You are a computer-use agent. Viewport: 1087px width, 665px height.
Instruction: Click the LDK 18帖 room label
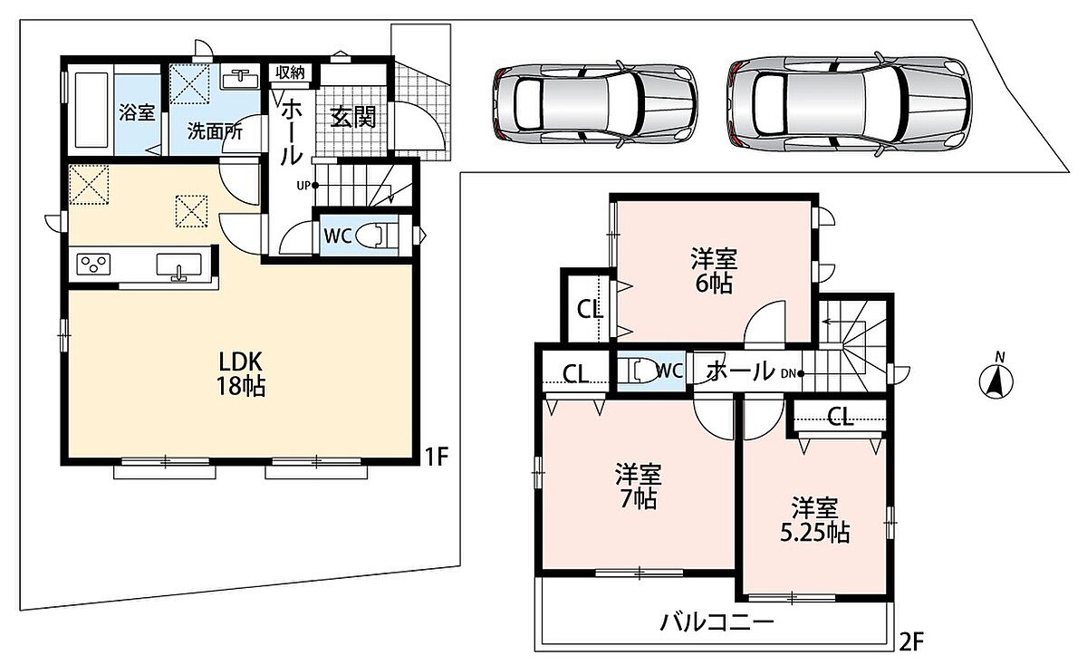[x=241, y=374]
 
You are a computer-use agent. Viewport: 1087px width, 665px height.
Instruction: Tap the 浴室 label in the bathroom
[x=137, y=112]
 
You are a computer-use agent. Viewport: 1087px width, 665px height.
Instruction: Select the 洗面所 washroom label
[x=215, y=131]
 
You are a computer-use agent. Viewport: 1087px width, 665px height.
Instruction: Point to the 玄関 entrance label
[x=352, y=117]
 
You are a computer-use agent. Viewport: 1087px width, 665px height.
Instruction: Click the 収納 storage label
[x=290, y=72]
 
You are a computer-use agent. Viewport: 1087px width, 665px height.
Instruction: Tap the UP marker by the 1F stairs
[x=307, y=186]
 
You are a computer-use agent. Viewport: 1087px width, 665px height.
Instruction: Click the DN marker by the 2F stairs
[x=793, y=373]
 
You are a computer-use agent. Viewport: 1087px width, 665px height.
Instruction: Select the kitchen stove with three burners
[x=93, y=265]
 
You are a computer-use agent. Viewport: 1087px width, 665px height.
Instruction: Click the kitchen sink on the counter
[x=178, y=266]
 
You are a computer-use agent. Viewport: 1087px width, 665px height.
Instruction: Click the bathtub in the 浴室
[x=91, y=111]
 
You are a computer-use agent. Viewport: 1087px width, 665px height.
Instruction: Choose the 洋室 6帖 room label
[x=714, y=271]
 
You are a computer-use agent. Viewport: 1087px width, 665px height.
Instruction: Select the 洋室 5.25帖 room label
[x=814, y=521]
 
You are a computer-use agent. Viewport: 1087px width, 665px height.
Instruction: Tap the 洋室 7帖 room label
[x=639, y=487]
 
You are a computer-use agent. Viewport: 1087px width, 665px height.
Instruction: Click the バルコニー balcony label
[x=717, y=622]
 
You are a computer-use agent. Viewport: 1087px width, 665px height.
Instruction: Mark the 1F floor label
[x=437, y=457]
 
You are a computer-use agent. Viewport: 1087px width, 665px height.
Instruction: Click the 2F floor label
[x=912, y=642]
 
